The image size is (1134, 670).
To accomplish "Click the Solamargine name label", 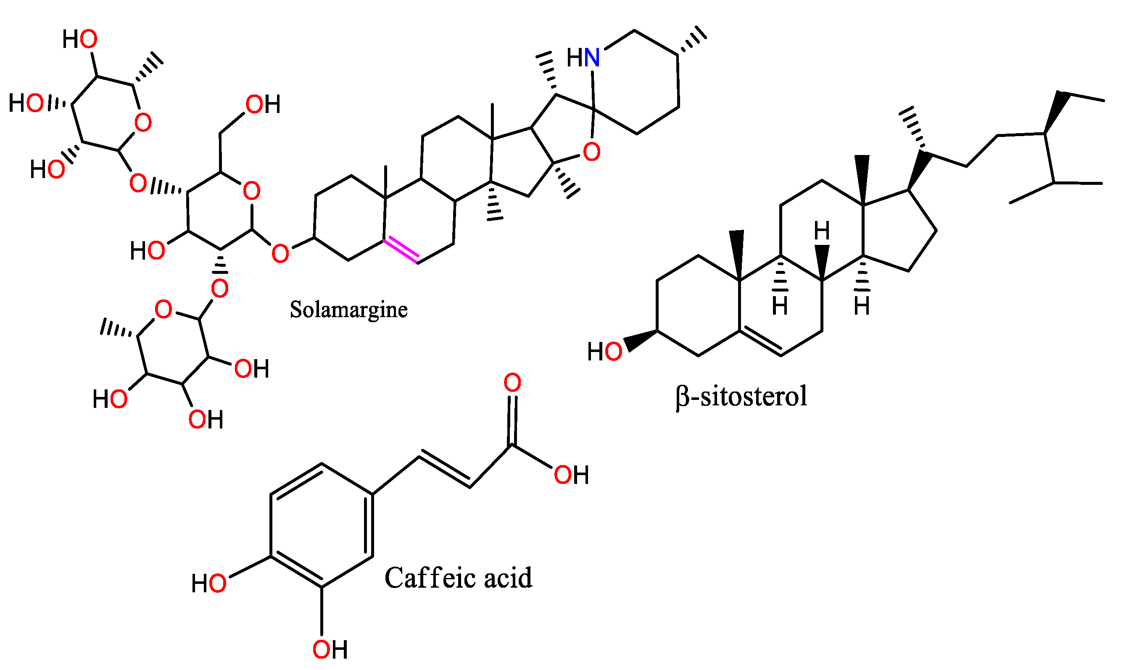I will tap(348, 310).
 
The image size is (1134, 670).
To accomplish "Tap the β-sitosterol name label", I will tap(741, 397).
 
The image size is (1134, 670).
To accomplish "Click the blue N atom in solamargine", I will tap(592, 58).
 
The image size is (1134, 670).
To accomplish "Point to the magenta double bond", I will tap(401, 249).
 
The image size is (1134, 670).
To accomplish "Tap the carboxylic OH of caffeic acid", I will tap(571, 475).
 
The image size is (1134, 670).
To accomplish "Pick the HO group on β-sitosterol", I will tap(604, 351).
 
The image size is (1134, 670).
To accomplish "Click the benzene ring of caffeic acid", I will tap(321, 525).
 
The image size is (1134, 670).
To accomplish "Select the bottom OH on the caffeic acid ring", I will tap(330, 650).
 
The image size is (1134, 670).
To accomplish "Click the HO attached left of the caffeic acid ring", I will tap(208, 583).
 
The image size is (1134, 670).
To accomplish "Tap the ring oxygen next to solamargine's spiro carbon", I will tap(591, 152).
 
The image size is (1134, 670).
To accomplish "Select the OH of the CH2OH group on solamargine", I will tap(262, 104).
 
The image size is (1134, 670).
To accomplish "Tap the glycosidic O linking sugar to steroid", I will tap(280, 253).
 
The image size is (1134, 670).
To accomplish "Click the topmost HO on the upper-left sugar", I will tap(80, 39).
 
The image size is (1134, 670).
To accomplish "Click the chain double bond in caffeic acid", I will tap(444, 470).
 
